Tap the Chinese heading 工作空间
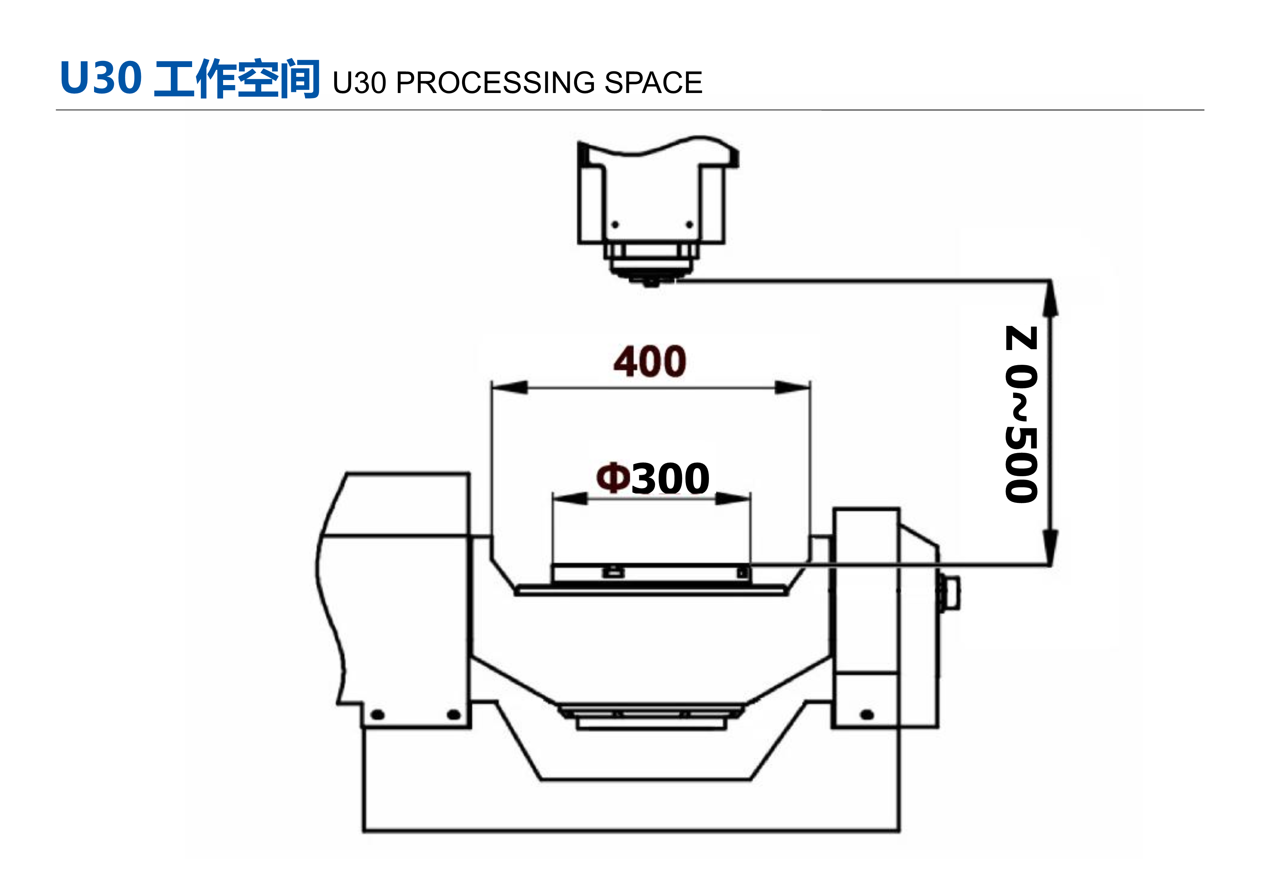pos(237,78)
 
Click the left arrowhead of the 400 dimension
pos(510,388)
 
